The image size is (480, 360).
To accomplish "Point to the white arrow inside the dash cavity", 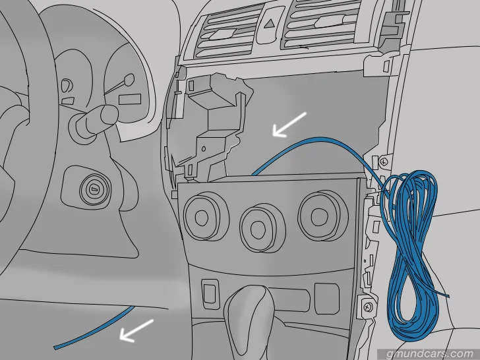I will click(x=289, y=124).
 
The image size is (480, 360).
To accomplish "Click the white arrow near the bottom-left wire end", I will click(x=136, y=330).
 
